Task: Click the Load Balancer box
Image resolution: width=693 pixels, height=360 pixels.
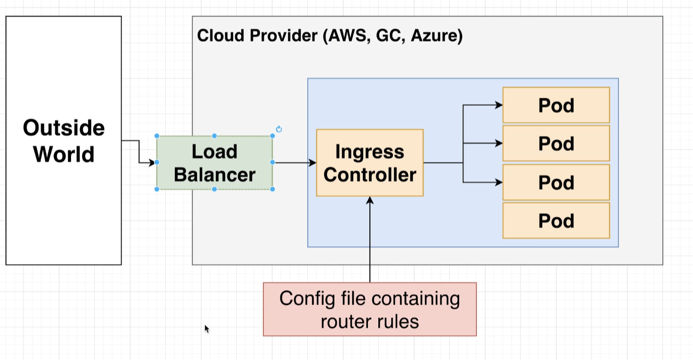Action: click(x=214, y=163)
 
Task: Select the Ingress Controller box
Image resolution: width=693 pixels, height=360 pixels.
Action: click(x=370, y=163)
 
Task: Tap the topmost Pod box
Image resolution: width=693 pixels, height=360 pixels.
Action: click(x=556, y=105)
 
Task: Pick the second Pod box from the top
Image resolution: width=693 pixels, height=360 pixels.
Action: click(x=556, y=143)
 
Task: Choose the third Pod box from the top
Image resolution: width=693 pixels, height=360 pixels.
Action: click(x=556, y=182)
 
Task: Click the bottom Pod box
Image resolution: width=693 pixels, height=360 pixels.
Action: click(x=556, y=221)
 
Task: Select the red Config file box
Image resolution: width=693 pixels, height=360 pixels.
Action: click(x=370, y=309)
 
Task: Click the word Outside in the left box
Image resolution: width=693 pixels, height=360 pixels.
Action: click(x=64, y=128)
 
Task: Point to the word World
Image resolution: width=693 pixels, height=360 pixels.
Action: click(x=64, y=154)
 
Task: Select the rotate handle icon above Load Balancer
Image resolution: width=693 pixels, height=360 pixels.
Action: click(x=279, y=129)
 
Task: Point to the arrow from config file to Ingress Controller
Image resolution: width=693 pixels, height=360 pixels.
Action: click(x=370, y=238)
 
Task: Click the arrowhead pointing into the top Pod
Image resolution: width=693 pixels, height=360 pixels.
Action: click(x=499, y=105)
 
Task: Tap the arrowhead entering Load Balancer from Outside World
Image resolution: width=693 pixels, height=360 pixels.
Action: click(x=152, y=163)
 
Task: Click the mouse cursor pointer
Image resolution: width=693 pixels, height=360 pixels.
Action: click(x=206, y=329)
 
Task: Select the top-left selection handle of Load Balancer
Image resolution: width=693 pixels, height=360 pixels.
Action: click(x=157, y=136)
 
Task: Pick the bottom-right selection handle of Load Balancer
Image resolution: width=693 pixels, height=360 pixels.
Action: click(x=273, y=189)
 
